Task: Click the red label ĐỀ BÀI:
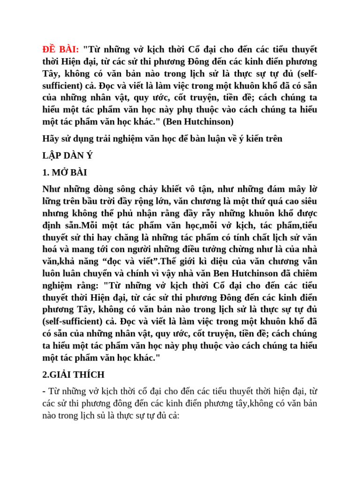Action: point(60,50)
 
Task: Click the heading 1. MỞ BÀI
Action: point(64,172)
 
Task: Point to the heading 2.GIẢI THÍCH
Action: point(73,375)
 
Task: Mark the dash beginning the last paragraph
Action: point(44,391)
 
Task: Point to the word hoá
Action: point(51,249)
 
